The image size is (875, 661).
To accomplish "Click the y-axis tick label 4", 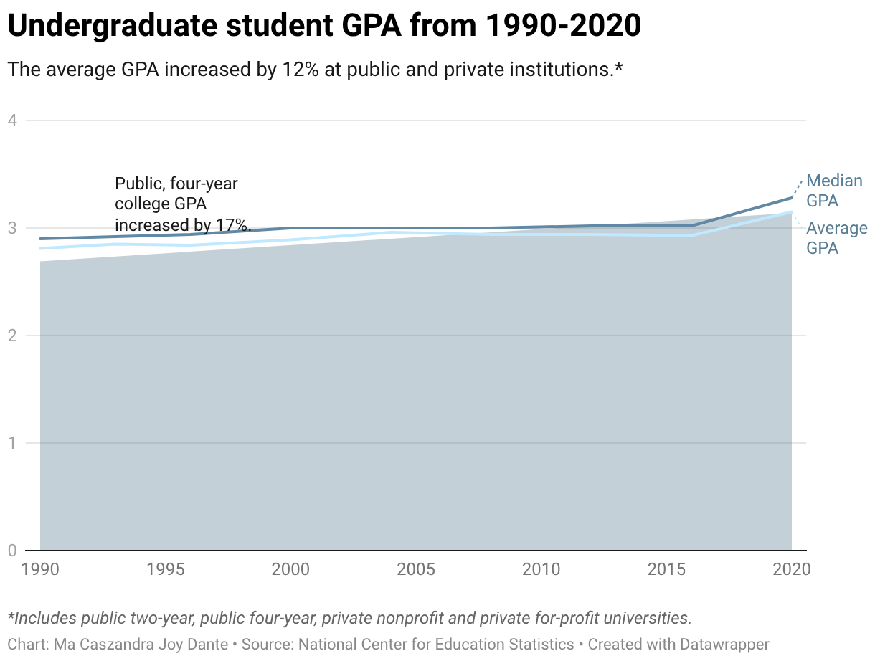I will point(12,120).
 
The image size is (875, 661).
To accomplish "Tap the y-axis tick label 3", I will point(12,228).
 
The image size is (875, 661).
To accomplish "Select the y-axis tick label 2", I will point(12,336).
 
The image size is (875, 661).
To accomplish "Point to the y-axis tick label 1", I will point(12,443).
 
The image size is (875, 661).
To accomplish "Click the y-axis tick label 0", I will point(12,551).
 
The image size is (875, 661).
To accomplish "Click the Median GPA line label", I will point(834,191).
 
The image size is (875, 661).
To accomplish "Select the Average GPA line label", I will point(836,238).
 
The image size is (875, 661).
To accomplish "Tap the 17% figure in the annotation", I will point(231,224).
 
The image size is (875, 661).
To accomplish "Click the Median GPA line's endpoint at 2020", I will point(792,197).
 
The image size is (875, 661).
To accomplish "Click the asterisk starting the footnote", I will point(11,617).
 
